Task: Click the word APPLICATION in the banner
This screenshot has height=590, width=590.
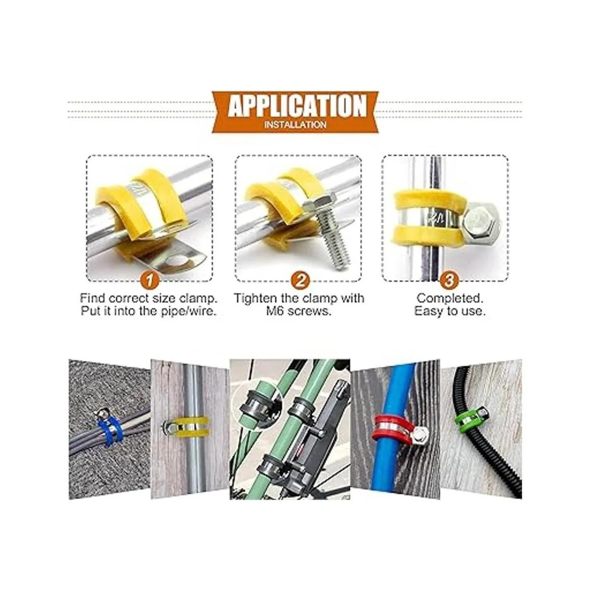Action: [x=297, y=106]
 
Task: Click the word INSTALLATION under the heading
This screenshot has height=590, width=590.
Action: [x=295, y=125]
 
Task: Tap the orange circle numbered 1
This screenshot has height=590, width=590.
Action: [x=149, y=280]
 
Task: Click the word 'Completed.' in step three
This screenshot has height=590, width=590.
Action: [x=450, y=298]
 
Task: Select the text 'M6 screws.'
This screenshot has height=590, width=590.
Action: [x=298, y=311]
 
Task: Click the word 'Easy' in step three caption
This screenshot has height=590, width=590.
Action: [x=429, y=311]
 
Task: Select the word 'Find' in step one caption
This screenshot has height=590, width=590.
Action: [x=92, y=298]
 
